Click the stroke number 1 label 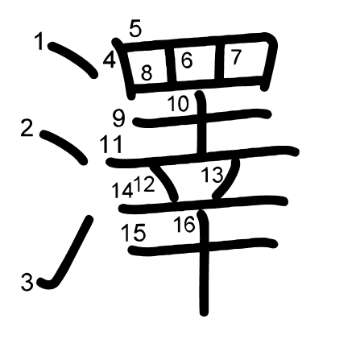(x=39, y=41)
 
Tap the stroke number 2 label (x=27, y=128)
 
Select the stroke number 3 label (x=27, y=282)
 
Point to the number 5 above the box (x=135, y=29)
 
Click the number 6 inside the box (x=187, y=60)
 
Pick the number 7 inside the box (x=236, y=57)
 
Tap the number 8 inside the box (x=147, y=72)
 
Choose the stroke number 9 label (x=119, y=119)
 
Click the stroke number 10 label (x=179, y=104)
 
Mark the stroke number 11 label (x=111, y=144)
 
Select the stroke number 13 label (x=212, y=174)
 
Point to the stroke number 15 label (x=134, y=233)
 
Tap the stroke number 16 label (x=184, y=224)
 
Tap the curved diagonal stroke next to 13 (x=228, y=180)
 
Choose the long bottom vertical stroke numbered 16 (x=204, y=263)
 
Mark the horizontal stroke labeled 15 (x=203, y=246)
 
